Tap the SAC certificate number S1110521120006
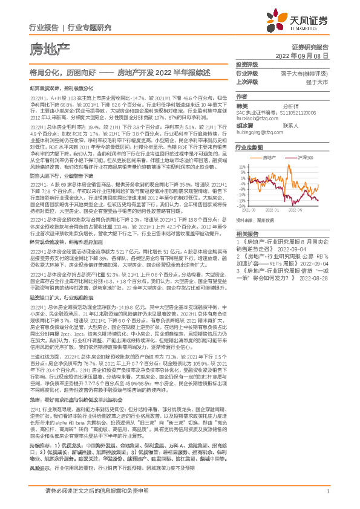313,112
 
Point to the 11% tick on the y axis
242,164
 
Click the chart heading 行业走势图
250,147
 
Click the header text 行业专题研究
90,28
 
